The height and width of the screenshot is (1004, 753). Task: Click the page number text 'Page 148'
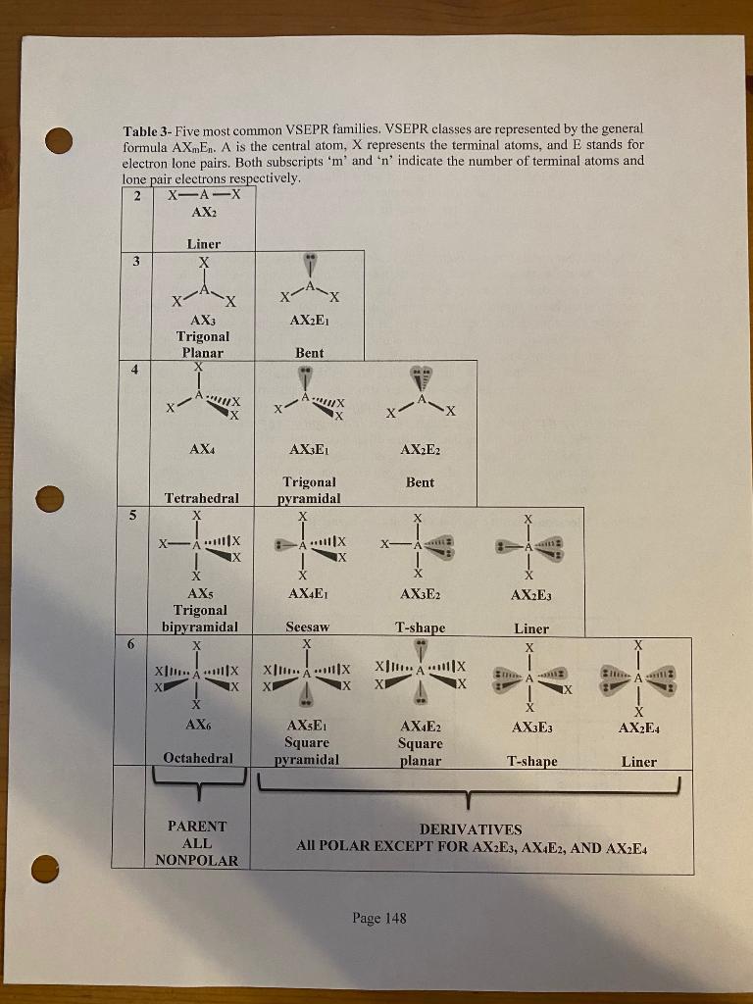click(x=378, y=919)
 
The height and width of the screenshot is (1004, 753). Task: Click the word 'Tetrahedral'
click(x=203, y=498)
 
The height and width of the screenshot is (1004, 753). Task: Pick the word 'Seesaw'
click(x=307, y=627)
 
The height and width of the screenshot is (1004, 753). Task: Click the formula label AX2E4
click(x=638, y=727)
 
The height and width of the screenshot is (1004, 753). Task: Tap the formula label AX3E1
click(x=309, y=449)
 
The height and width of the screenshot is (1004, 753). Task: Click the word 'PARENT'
click(x=197, y=827)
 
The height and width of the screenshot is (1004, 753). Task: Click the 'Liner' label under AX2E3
click(x=531, y=628)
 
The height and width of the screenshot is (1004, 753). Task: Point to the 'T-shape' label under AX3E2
click(x=420, y=627)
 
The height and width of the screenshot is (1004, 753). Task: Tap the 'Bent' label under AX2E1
click(x=309, y=352)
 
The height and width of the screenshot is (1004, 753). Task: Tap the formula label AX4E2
click(x=421, y=727)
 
